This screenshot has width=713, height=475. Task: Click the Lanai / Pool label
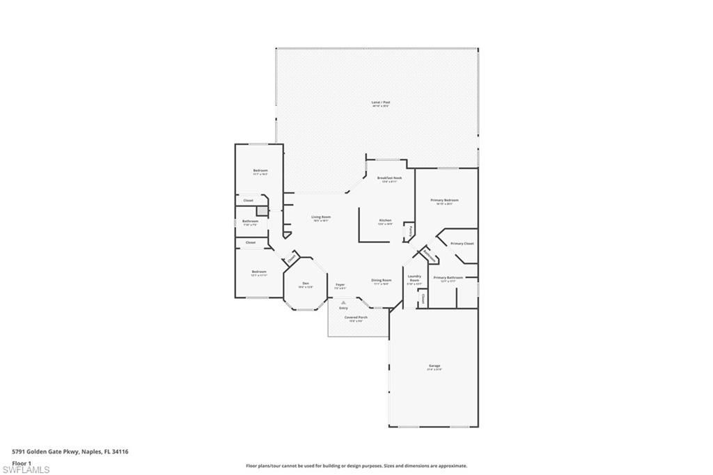(380, 102)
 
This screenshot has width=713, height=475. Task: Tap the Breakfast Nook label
(389, 178)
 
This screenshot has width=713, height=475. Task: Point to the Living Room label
(321, 217)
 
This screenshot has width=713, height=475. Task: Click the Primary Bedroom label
(444, 201)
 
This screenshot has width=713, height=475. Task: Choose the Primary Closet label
(462, 244)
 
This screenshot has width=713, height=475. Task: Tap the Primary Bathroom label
(448, 278)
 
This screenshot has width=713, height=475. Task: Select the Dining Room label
(381, 281)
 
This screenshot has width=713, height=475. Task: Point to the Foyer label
(340, 285)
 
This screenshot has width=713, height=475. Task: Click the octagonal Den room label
(306, 284)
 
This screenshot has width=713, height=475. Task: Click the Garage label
(434, 366)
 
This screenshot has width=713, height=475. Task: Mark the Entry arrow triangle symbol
(343, 301)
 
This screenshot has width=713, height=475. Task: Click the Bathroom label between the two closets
(250, 222)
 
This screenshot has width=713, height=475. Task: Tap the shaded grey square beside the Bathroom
(261, 211)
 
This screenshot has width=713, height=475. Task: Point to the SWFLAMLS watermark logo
(26, 469)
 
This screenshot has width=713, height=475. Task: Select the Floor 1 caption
(22, 462)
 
